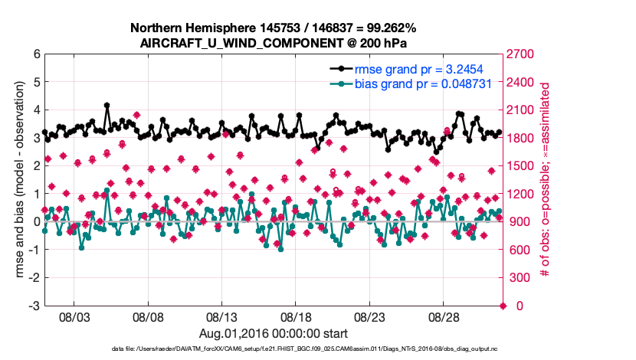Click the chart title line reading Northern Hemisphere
(274, 28)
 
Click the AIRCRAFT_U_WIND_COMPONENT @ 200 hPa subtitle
(274, 43)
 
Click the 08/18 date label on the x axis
(297, 316)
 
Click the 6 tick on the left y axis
(36, 54)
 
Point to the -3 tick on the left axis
(34, 306)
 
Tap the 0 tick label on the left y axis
(36, 222)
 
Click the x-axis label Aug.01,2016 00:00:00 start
(274, 333)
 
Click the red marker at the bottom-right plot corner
(503, 306)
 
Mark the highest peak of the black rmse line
(107, 105)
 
